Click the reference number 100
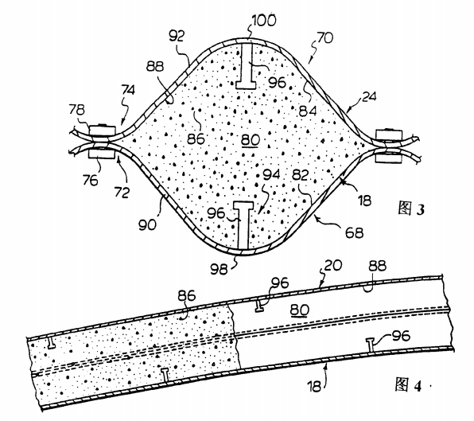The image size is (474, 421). [x=264, y=21]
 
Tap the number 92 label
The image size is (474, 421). [x=177, y=36]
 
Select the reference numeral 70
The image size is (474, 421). [x=325, y=38]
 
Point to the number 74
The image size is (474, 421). [x=128, y=90]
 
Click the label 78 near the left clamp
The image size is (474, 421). [x=77, y=110]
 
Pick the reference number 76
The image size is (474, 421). [x=91, y=181]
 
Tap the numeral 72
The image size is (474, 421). [x=122, y=193]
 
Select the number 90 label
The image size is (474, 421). [x=147, y=224]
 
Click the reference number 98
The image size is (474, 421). [x=219, y=269]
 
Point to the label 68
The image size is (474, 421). [x=355, y=232]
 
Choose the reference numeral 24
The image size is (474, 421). [x=369, y=97]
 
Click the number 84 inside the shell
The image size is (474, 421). [x=308, y=111]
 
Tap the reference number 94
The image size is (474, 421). [x=271, y=174]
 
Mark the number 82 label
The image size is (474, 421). [x=300, y=175]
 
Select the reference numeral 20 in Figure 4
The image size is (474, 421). [x=333, y=265]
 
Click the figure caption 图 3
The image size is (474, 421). [x=411, y=209]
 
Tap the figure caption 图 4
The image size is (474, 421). [x=408, y=385]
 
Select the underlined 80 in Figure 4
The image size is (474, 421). [x=300, y=310]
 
